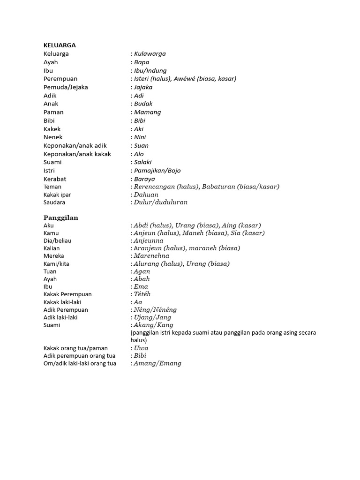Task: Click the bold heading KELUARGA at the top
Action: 60,45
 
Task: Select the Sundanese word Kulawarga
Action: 150,54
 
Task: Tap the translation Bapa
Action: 142,62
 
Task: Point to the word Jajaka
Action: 143,87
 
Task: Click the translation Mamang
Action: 147,112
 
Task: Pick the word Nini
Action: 140,137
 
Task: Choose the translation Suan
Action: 141,146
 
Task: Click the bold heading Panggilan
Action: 61,218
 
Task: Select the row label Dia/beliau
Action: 57,240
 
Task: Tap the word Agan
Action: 142,271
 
